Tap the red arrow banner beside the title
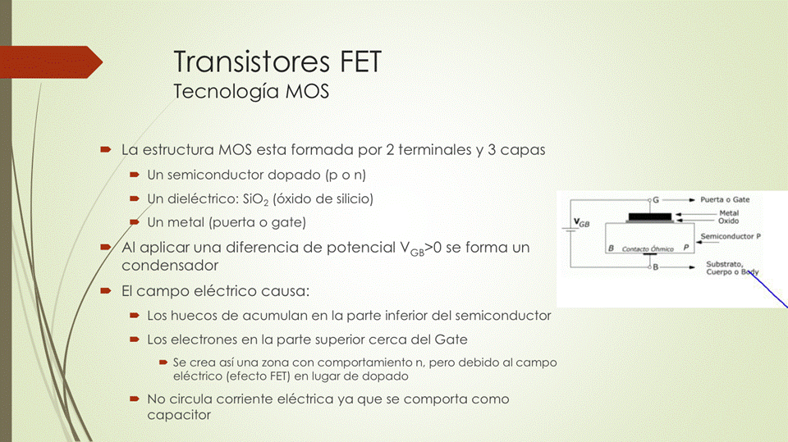click(x=51, y=62)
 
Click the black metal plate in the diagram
click(x=650, y=216)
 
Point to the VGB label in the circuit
click(x=582, y=222)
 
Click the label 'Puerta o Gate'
click(x=725, y=199)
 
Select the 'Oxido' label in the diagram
click(x=728, y=221)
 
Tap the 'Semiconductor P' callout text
click(x=731, y=236)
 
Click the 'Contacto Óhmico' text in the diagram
click(x=648, y=248)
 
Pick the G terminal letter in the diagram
click(x=656, y=200)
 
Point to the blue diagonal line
click(x=768, y=289)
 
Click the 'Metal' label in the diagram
click(x=729, y=213)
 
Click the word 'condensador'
click(x=170, y=265)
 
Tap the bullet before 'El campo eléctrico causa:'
click(x=106, y=291)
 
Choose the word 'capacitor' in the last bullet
click(x=179, y=415)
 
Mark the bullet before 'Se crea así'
click(x=163, y=362)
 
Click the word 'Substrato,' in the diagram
click(x=724, y=264)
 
